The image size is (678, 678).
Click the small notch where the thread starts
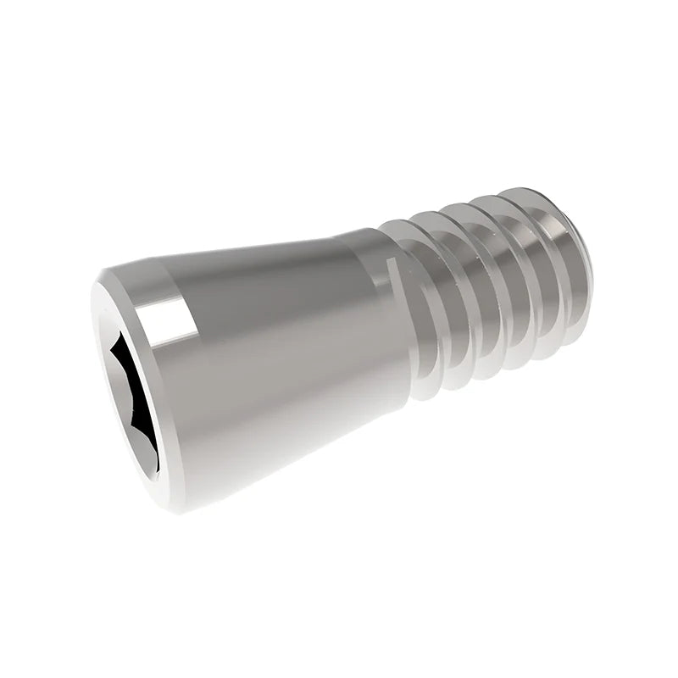click(x=391, y=267)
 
